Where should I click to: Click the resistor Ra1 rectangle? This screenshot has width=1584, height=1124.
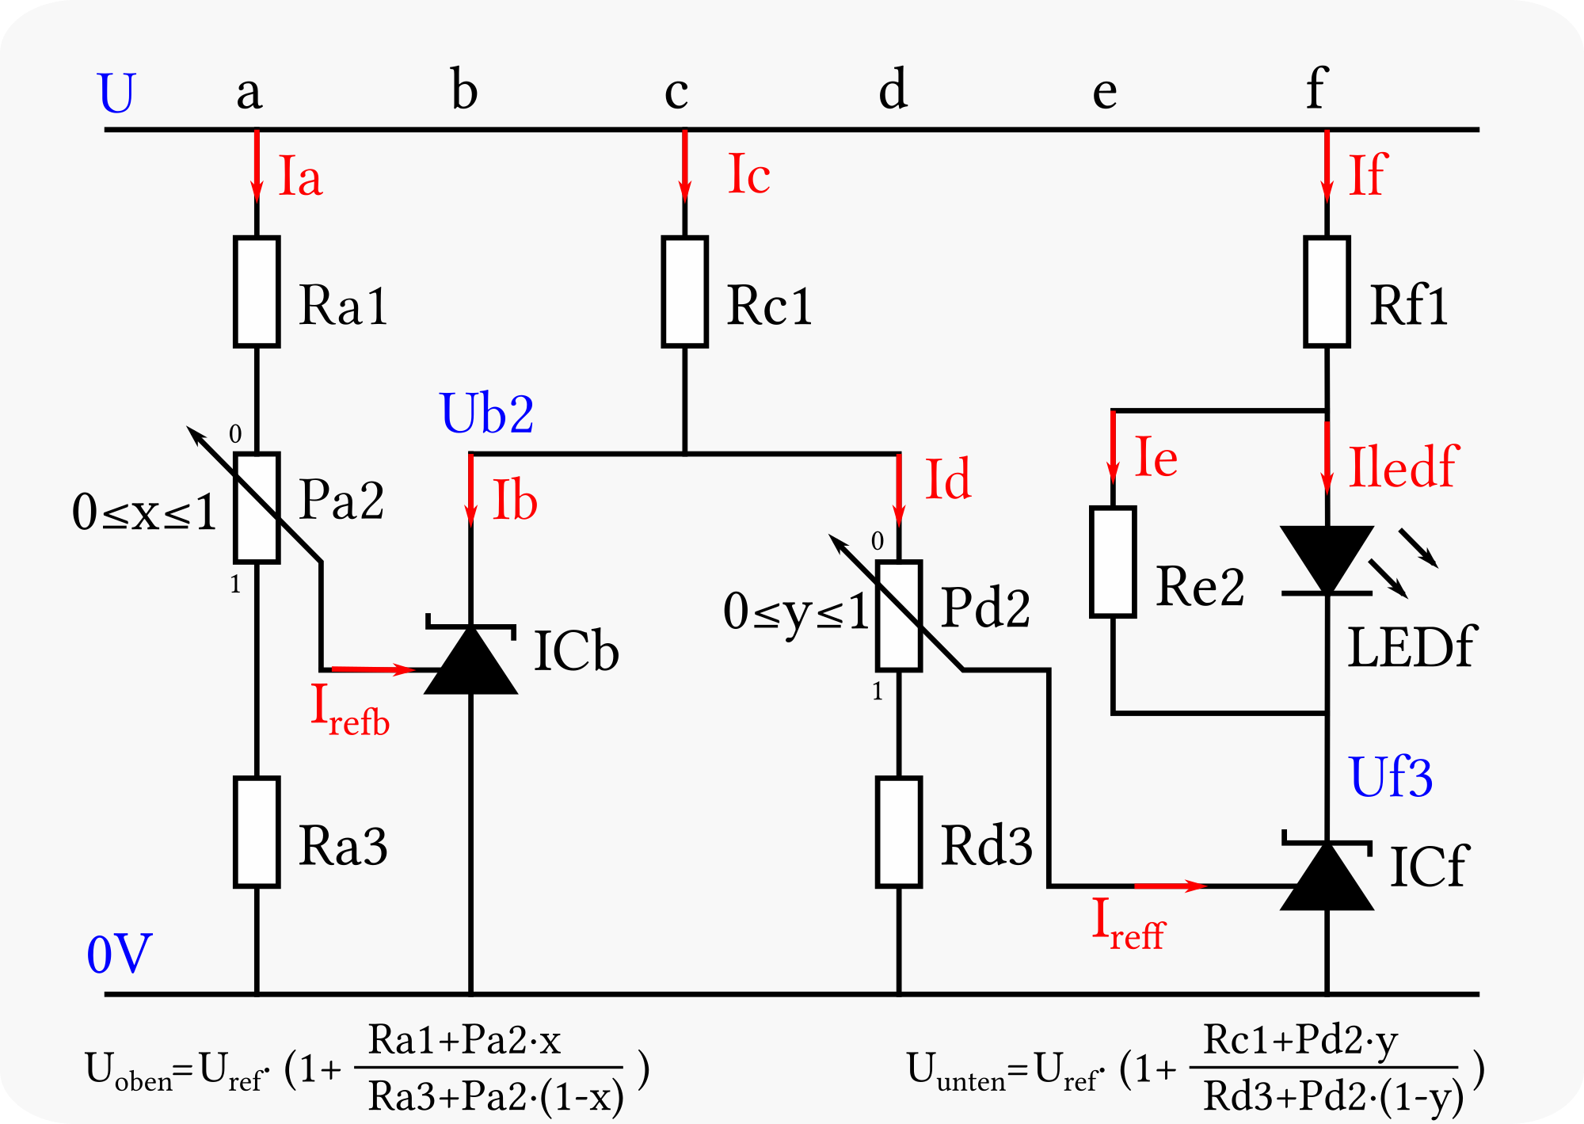coord(257,291)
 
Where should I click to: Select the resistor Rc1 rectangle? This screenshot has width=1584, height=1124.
coord(685,291)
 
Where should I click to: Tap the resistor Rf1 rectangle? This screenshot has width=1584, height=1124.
coord(1327,291)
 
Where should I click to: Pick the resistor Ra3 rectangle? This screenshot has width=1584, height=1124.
coord(257,832)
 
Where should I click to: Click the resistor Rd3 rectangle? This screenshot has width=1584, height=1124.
coord(899,832)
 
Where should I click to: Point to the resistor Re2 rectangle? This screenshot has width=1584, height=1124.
coord(1113,562)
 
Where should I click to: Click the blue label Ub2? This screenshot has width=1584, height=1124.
coord(487,413)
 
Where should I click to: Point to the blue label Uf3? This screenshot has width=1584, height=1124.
coord(1391,777)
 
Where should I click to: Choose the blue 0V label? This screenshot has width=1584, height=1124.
coord(119,954)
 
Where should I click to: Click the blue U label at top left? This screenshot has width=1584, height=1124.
coord(116,93)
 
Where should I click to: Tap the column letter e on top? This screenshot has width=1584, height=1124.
coord(1105,93)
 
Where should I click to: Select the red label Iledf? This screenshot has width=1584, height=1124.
coord(1403,467)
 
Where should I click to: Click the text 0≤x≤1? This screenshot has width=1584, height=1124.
coord(144,512)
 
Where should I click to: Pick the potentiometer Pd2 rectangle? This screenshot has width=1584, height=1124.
coord(899,615)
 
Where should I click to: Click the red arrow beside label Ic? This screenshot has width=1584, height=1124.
coord(685,166)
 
